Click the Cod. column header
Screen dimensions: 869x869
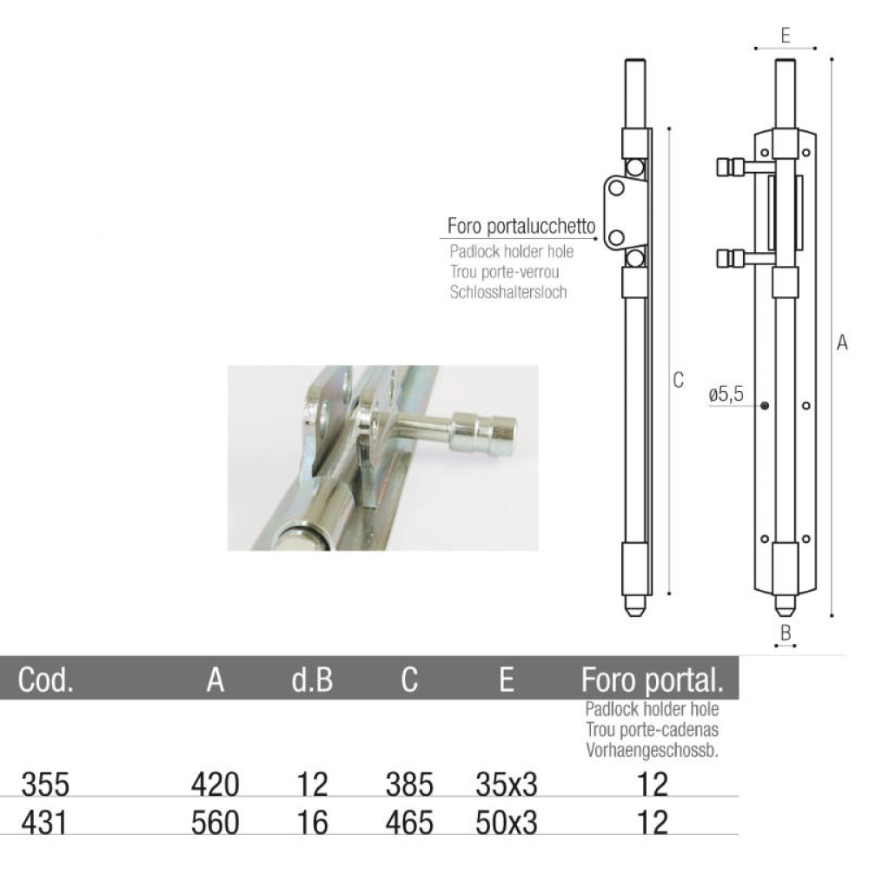(x=46, y=680)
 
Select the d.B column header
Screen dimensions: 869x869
(x=312, y=680)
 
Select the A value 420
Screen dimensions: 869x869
(x=215, y=786)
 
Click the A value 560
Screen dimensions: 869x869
(x=215, y=821)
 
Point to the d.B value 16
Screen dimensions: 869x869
(x=312, y=821)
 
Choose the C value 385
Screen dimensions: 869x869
(x=408, y=786)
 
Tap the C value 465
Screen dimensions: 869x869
(x=408, y=821)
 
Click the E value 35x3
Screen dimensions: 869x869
(x=507, y=786)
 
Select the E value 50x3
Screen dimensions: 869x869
(x=507, y=821)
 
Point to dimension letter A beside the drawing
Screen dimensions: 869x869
(x=841, y=343)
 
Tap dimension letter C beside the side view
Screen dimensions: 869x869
(x=679, y=380)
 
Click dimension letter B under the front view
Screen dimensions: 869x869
(x=786, y=634)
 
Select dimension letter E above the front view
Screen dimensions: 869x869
(x=785, y=36)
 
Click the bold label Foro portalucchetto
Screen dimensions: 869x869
(x=521, y=228)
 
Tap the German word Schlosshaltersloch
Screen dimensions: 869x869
(x=508, y=292)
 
